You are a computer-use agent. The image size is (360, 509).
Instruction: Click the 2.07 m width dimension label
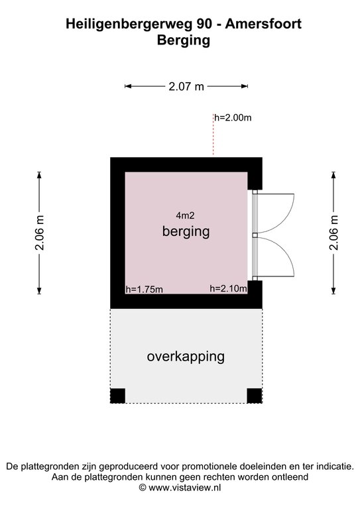tap(186, 86)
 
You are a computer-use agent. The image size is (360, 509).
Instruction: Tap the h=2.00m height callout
tap(233, 117)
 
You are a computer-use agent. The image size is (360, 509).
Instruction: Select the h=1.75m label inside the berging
tap(144, 289)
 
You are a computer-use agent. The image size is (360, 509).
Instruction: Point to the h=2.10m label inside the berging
tap(228, 288)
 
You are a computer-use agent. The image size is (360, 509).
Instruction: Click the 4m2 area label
tap(186, 215)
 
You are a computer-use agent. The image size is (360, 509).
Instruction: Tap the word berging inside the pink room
tap(186, 232)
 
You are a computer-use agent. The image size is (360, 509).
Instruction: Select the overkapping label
tap(186, 357)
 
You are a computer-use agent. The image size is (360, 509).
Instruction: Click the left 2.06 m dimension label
tap(39, 233)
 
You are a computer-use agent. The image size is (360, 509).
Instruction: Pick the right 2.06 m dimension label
tap(333, 233)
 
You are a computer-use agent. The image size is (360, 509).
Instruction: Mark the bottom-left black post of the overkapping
tap(118, 396)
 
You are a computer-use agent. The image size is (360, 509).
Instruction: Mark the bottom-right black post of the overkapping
tap(255, 396)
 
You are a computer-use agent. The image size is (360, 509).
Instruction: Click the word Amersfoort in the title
tap(263, 24)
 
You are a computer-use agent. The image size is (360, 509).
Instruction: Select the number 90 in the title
tap(204, 24)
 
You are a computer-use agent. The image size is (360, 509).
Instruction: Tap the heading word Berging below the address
tap(184, 40)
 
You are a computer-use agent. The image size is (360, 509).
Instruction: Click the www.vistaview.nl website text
tap(185, 488)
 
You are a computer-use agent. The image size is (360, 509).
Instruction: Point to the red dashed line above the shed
tap(213, 135)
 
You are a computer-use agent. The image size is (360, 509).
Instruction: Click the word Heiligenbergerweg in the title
tap(129, 25)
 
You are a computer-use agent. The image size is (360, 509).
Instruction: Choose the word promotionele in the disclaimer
tap(209, 467)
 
